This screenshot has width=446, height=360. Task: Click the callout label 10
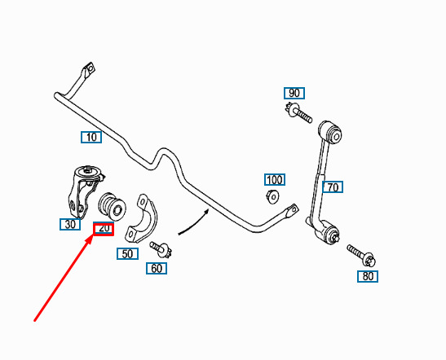tap(91, 137)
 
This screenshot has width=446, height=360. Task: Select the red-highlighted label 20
tap(104, 229)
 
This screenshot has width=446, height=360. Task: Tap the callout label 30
tap(70, 225)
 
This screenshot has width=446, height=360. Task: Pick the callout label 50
tap(127, 254)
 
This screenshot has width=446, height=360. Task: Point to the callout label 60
tap(157, 269)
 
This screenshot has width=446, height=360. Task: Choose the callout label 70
tap(333, 187)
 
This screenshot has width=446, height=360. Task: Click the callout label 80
tap(368, 276)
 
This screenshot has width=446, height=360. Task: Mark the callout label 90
tap(294, 93)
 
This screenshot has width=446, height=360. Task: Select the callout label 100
tap(275, 180)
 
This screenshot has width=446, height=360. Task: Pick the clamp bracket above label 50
tap(142, 218)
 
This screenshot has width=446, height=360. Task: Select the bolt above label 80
tap(361, 256)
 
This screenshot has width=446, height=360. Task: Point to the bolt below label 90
tap(298, 112)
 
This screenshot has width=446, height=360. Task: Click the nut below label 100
tap(273, 196)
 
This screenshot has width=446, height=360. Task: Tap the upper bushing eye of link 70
tap(330, 132)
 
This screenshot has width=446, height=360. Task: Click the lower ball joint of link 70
tap(327, 232)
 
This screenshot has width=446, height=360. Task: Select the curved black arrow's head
tap(207, 212)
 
